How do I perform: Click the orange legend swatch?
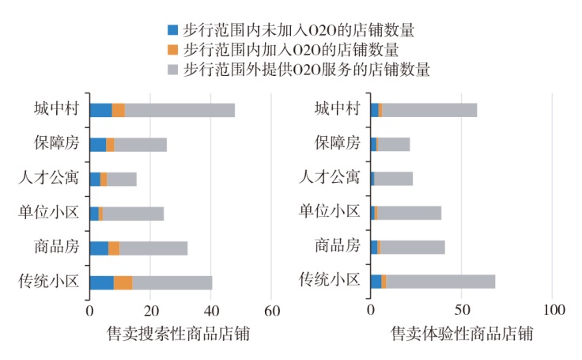172,50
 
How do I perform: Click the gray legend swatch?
172,70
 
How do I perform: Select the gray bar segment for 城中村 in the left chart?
180,110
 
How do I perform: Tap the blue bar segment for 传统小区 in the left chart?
101,282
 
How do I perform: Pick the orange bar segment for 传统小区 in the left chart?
123,282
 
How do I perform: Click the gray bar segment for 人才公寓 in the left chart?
121,179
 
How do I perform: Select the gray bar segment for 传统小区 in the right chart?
440,281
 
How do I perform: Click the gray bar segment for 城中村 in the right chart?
429,110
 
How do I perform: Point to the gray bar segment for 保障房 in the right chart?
394,144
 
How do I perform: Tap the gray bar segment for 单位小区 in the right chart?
409,213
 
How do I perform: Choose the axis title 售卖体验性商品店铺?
462,333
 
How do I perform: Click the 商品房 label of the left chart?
57,246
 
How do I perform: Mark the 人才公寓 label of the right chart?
332,177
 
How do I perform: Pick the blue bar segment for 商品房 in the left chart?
99,248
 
